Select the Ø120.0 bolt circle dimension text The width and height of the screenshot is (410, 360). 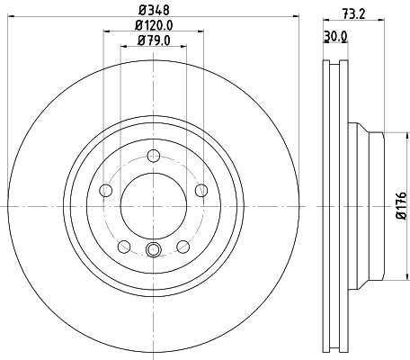tap(154, 25)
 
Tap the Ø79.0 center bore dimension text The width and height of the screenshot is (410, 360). tap(154, 40)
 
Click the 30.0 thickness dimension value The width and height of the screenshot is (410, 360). tap(334, 37)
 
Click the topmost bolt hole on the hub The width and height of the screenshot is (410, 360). tap(153, 154)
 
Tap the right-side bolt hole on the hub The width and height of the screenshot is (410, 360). tap(201, 189)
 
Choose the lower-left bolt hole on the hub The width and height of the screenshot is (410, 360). tap(123, 247)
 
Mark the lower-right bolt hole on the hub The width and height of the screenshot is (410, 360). tap(183, 247)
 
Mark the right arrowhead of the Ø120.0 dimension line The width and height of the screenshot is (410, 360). tap(201, 32)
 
